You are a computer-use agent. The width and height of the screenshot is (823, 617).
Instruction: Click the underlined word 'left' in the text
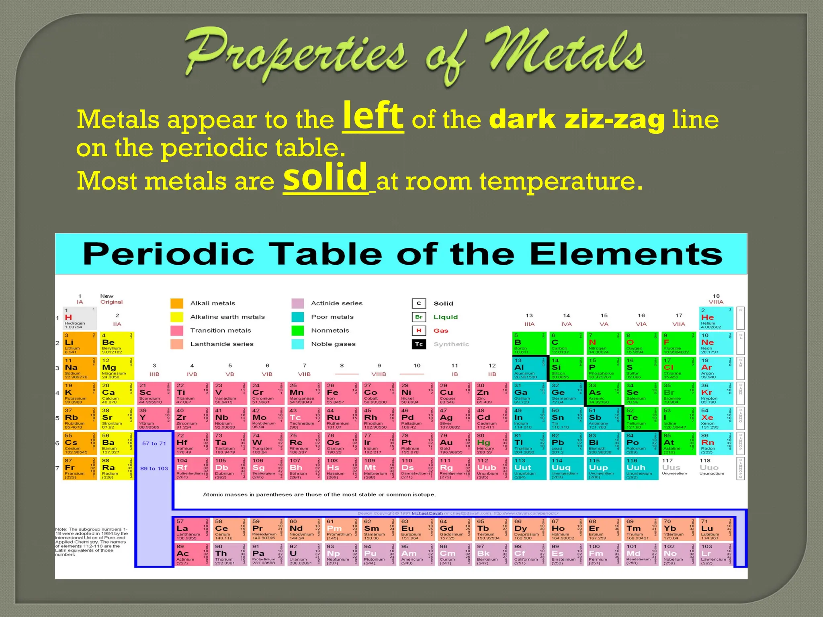(373, 116)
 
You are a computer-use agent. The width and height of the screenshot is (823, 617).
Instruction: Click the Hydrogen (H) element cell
(80, 318)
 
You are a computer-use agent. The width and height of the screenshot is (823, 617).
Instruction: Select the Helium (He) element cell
(717, 318)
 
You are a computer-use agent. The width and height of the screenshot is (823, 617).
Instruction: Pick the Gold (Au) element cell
(454, 443)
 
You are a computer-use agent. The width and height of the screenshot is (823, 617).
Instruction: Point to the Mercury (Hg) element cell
(491, 443)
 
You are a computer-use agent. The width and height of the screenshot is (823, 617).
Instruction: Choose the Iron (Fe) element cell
(341, 393)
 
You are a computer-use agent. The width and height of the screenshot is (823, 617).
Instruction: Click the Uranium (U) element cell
(304, 554)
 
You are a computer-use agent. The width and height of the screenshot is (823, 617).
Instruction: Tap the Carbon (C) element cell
(566, 343)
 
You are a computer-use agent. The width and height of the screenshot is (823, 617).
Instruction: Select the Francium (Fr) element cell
(80, 468)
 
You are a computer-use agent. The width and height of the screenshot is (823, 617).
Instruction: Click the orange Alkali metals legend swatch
(177, 303)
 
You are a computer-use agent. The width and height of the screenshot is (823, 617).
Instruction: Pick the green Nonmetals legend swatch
(298, 331)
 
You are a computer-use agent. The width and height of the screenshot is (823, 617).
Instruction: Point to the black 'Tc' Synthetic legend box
(419, 344)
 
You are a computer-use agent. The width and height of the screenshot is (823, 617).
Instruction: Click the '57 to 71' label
(154, 443)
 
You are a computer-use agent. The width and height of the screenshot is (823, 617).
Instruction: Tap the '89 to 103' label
(154, 468)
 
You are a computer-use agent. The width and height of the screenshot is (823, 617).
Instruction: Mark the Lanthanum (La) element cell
(192, 529)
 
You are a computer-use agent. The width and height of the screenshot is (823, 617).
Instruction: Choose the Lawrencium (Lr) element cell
(716, 554)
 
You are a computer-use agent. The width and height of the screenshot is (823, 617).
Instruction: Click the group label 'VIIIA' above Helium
(716, 302)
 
